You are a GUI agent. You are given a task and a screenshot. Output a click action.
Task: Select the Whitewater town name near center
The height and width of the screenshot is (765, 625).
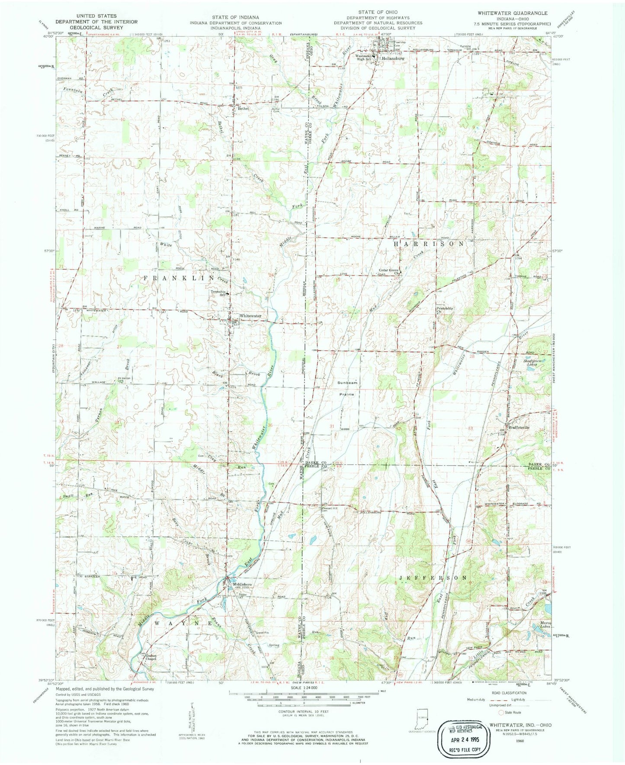click(x=250, y=316)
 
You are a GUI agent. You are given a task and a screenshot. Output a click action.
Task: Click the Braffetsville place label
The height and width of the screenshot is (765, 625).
click(x=519, y=426)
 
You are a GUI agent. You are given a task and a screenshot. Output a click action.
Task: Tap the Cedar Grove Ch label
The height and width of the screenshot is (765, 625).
click(x=389, y=272)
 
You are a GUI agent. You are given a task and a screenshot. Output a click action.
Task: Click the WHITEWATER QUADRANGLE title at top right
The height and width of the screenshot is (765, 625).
click(x=512, y=13)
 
